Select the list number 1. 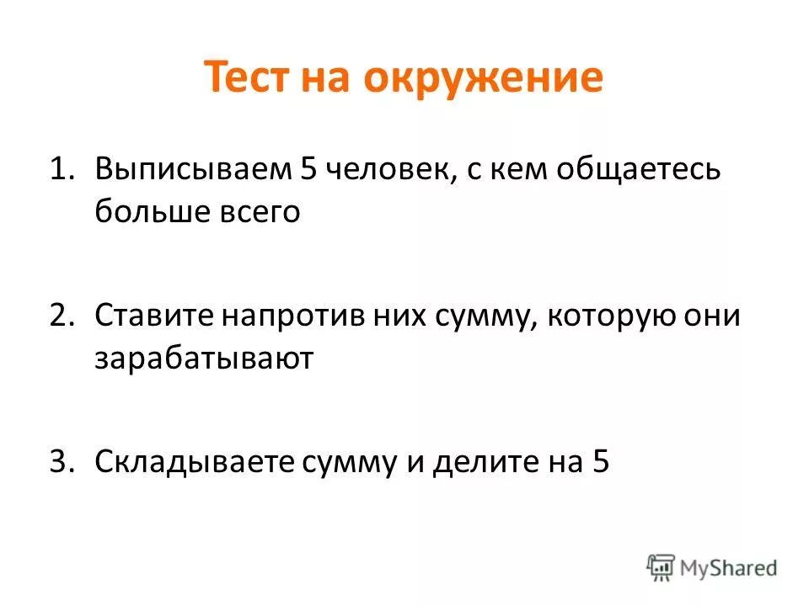point(59,170)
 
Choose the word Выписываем point(191,170)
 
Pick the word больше point(147,212)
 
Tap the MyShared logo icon point(662,566)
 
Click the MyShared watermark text point(730,568)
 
